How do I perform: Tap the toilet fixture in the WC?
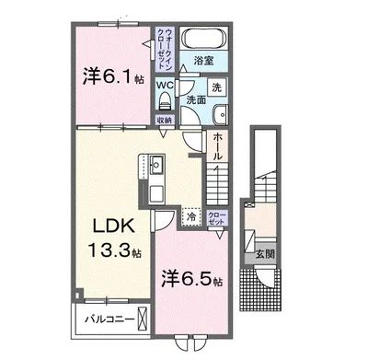coord(164,102)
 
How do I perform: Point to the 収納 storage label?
coord(164,120)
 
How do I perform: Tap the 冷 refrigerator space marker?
coord(190,217)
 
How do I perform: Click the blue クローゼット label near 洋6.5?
coord(216,218)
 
